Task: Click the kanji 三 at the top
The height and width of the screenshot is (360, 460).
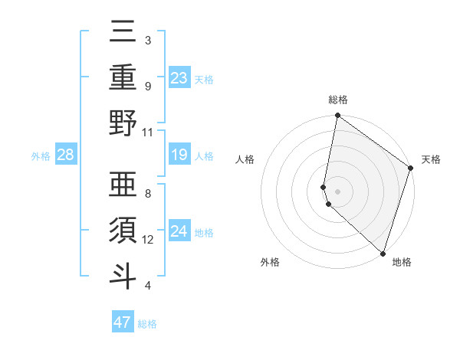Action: [123, 32]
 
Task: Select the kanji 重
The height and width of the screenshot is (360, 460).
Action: [123, 77]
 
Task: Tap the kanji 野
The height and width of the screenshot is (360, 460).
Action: [123, 123]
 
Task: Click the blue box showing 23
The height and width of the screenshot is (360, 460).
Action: [179, 77]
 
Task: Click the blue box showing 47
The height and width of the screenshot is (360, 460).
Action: [123, 322]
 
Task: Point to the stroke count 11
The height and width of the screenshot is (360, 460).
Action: [148, 132]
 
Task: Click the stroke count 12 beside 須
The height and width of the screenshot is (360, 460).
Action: [148, 239]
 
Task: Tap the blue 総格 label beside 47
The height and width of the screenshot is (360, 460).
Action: [147, 324]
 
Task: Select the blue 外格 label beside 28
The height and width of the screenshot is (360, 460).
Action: [41, 156]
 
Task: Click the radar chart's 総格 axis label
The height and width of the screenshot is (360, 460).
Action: [338, 100]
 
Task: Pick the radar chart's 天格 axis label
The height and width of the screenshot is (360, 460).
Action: [431, 159]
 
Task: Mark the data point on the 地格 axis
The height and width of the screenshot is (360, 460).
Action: [383, 253]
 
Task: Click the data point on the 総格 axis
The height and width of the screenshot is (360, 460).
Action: [337, 116]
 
